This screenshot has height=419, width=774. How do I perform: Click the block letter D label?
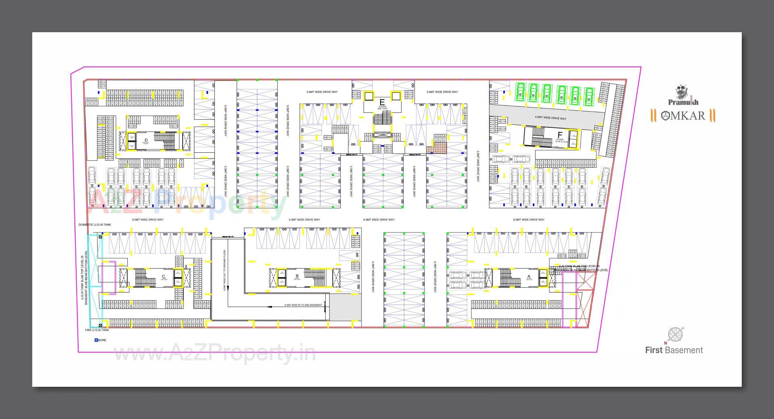coord(146,140)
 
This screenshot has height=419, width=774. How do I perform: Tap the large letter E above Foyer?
coord(382,102)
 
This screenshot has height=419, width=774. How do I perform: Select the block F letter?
coord(560,135)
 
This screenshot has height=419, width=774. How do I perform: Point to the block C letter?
coord(164,276)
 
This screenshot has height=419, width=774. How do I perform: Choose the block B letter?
coord(297,276)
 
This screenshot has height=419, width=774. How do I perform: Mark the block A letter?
coord(529,276)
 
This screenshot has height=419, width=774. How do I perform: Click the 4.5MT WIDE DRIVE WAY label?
coord(550,118)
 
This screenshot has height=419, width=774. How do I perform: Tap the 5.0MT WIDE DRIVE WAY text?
coord(304,220)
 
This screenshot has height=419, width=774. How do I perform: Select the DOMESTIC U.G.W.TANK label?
coord(95,225)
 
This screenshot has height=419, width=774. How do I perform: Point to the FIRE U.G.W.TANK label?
coord(97,330)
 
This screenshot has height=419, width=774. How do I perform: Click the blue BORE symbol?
coord(96,340)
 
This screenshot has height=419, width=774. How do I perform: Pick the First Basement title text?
coord(674,350)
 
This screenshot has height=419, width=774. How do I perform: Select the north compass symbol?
coord(675,335)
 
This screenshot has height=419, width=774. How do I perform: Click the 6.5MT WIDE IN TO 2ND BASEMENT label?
coord(303,305)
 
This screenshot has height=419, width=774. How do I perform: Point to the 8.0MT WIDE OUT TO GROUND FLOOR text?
coord(225,270)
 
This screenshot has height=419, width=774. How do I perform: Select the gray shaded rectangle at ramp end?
coord(345,307)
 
